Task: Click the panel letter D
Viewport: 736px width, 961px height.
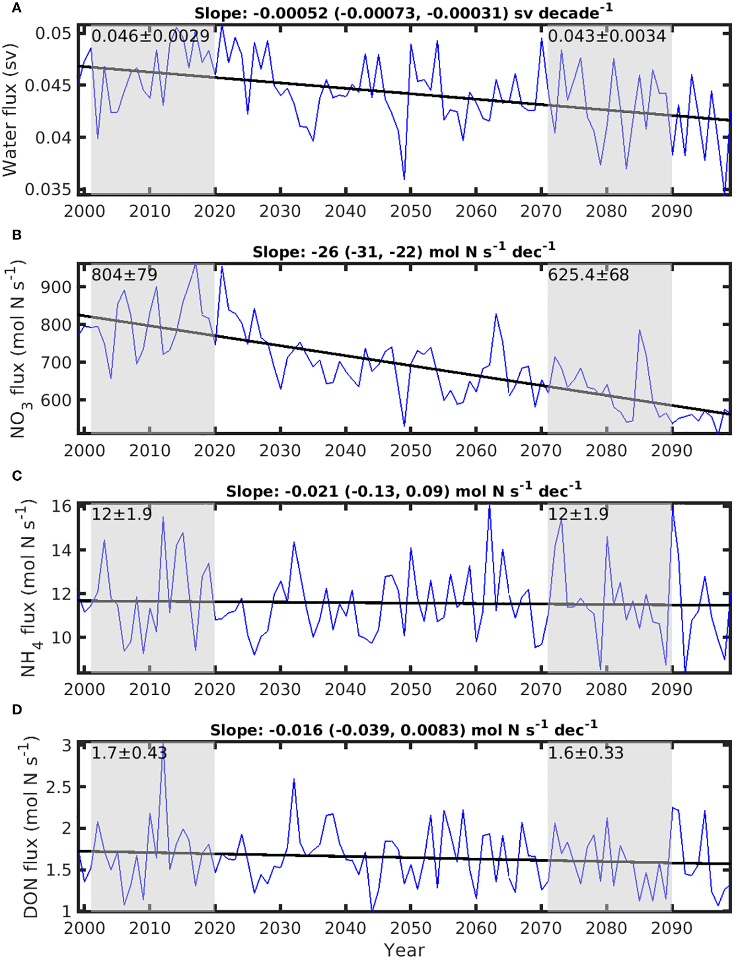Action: point(17,710)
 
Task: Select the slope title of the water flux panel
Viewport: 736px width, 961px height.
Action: point(403,13)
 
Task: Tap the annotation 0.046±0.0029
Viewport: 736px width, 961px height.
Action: point(151,36)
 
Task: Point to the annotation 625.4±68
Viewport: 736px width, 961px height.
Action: point(588,275)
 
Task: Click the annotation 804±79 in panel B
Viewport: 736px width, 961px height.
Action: point(124,275)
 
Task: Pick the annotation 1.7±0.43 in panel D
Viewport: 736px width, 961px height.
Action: point(129,753)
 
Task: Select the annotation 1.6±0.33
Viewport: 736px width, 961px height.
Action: point(585,753)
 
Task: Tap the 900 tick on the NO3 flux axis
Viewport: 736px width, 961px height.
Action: point(56,287)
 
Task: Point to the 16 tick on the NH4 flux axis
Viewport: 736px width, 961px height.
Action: point(61,506)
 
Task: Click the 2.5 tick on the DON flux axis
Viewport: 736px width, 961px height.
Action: point(58,787)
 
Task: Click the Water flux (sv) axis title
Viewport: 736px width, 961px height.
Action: point(11,110)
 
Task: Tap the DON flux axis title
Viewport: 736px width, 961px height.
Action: point(31,827)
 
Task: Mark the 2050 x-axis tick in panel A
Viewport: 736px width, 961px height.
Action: point(410,211)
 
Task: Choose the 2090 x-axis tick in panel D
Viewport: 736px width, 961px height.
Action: point(671,928)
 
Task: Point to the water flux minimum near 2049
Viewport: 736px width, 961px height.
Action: point(404,178)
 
